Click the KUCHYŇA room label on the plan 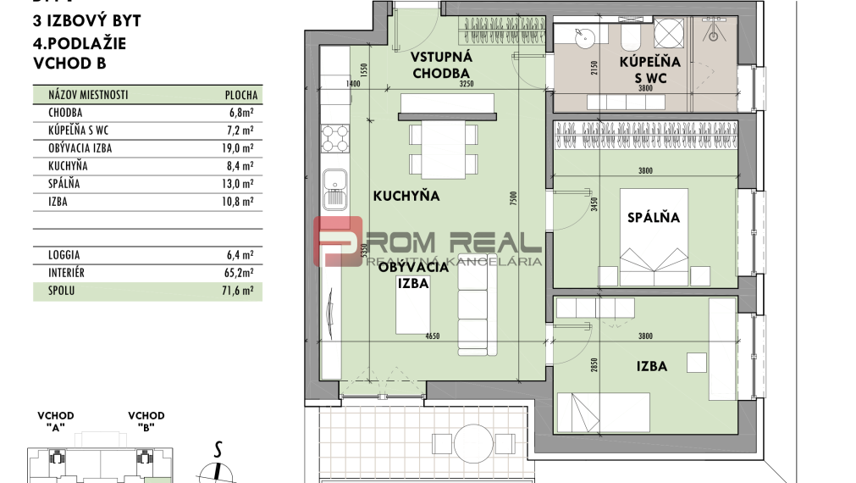tap(406, 196)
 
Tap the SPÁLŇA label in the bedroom tap(653, 217)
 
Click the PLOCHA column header tap(240, 96)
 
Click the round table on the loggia tap(467, 440)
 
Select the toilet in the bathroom tap(631, 37)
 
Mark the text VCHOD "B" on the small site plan tap(146, 421)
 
